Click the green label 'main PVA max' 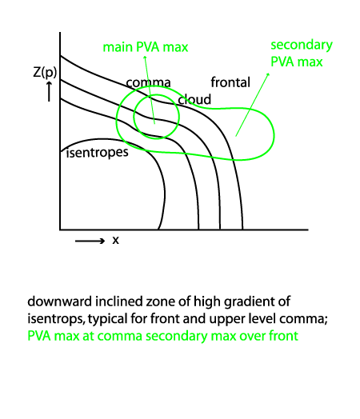[x=146, y=47]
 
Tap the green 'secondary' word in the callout [x=302, y=46]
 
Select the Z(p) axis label [x=45, y=72]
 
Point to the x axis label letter [x=115, y=240]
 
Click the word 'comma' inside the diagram [x=148, y=82]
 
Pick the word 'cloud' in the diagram [x=194, y=99]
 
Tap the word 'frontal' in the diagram [x=230, y=82]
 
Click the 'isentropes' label [x=98, y=153]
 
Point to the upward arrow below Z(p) [x=49, y=91]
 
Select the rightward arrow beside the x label [x=90, y=241]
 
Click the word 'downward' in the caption [x=60, y=301]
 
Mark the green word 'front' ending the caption [x=283, y=336]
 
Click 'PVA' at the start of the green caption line [x=39, y=336]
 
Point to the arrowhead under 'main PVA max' [x=145, y=58]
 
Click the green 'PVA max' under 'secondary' [x=297, y=62]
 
